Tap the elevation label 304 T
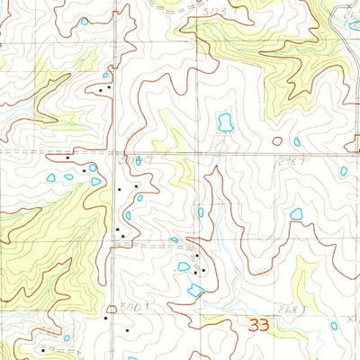coord(131,157)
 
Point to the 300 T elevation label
coord(133,308)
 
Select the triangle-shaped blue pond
coord(96,182)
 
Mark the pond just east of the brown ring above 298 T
coord(296,141)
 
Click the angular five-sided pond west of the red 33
coord(194,289)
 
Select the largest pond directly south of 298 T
coord(296,214)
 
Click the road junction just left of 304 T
coord(115,155)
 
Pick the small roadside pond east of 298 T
coord(344,171)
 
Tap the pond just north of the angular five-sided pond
coord(184,266)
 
